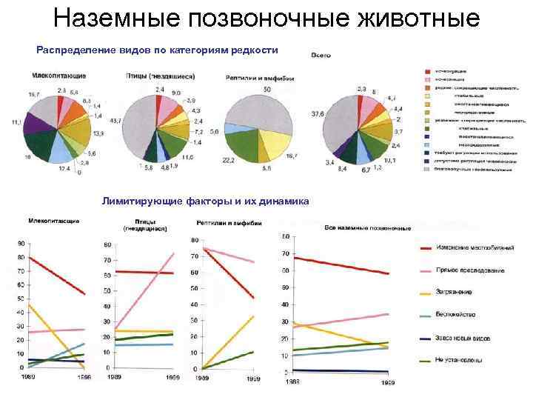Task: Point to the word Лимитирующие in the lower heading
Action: point(138,201)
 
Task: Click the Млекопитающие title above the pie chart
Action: point(58,76)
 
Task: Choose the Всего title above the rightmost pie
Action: point(321,56)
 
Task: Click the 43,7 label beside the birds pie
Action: point(115,120)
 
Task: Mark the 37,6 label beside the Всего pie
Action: point(318,113)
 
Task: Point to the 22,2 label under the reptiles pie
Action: point(228,160)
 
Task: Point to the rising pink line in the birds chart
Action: point(148,289)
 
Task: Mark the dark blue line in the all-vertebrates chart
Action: point(341,370)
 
